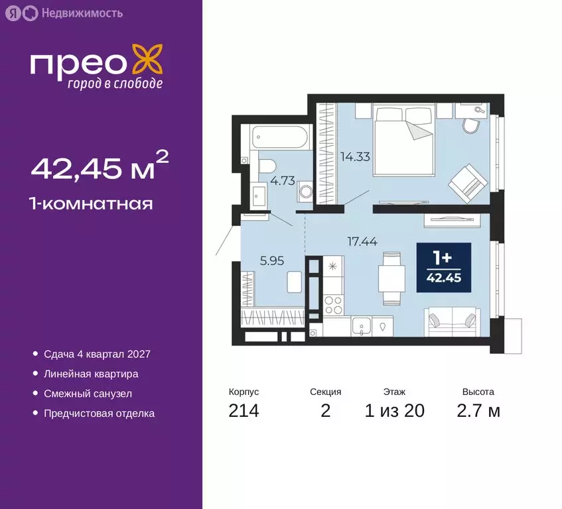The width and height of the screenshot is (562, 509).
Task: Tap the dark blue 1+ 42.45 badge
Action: click(x=443, y=268)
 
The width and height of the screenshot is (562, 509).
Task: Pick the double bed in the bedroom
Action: click(x=403, y=142)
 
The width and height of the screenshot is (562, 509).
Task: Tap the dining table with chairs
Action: click(x=390, y=278)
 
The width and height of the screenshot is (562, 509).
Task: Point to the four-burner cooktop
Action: click(x=332, y=304)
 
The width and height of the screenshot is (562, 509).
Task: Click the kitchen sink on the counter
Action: click(x=362, y=325)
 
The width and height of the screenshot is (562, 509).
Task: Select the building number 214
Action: click(x=244, y=411)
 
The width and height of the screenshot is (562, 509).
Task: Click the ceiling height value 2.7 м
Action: click(x=478, y=411)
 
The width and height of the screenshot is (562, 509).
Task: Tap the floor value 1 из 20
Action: click(x=394, y=411)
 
